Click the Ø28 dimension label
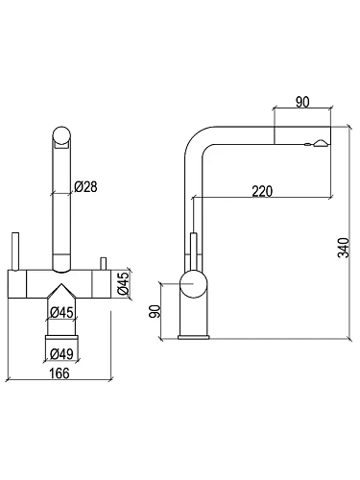tap(85, 186)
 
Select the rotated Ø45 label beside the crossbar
tap(123, 283)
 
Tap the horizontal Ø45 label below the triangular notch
tap(61, 312)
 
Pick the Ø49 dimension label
tap(61, 353)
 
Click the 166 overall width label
tap(60, 373)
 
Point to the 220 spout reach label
tap(262, 191)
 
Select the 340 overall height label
tap(344, 248)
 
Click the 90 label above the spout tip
tap(302, 102)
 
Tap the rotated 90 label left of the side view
tap(156, 311)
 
